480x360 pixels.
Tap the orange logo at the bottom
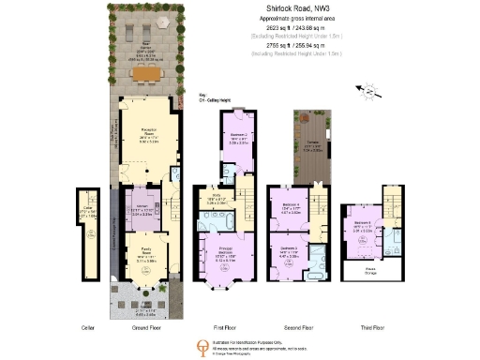tap(201, 346)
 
